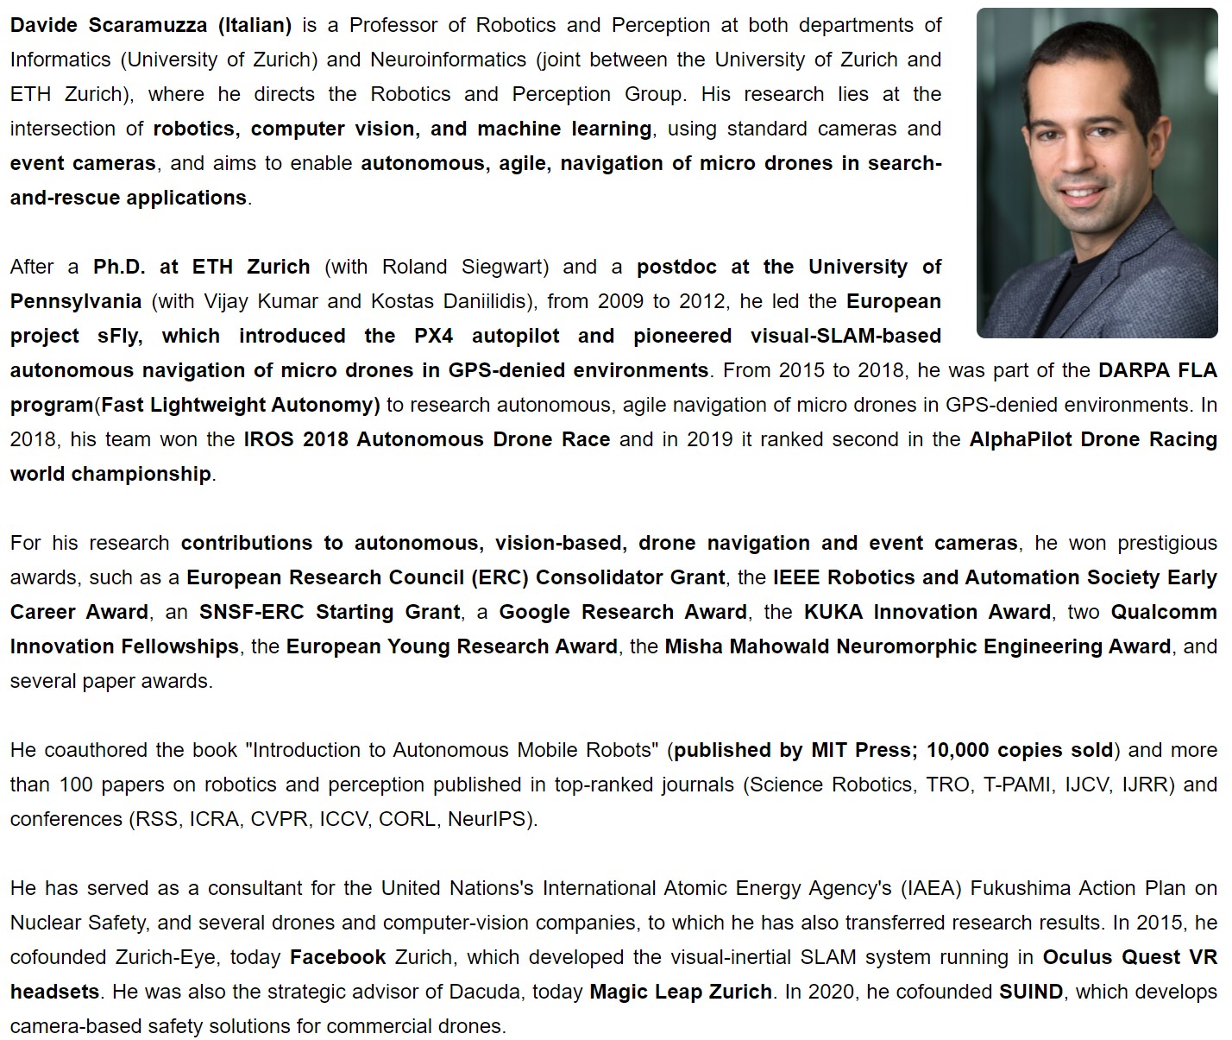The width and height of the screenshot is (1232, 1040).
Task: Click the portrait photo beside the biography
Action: click(1097, 173)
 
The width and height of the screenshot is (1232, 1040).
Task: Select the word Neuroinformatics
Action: click(449, 60)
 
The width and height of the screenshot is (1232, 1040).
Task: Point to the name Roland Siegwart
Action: click(465, 267)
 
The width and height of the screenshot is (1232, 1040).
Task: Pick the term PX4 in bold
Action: click(433, 336)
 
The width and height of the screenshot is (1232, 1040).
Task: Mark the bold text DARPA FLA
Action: click(1157, 370)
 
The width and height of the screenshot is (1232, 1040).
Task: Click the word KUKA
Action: click(835, 612)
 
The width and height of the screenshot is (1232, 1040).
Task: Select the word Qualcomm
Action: click(1164, 612)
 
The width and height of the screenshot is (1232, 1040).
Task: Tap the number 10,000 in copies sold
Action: click(959, 750)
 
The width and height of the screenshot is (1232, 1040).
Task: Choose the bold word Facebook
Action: click(338, 957)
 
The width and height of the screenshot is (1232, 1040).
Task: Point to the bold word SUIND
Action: click(1031, 992)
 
